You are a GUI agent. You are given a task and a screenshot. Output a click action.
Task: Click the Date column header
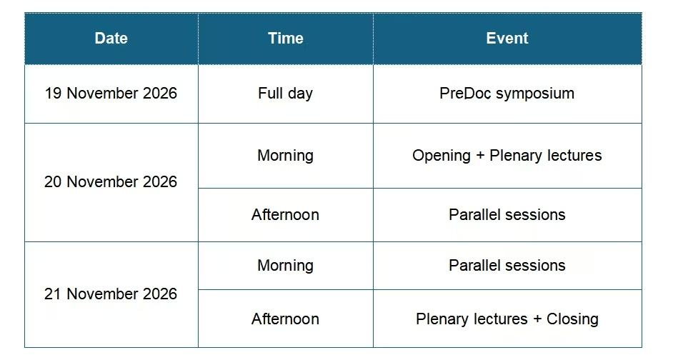111,38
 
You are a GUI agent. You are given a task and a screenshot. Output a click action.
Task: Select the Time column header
286,38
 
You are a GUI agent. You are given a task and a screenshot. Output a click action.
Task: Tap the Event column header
507,38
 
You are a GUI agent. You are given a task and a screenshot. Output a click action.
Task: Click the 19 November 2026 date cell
111,94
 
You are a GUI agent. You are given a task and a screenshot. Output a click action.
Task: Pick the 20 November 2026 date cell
111,181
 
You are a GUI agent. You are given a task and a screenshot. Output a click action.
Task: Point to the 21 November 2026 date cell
111,294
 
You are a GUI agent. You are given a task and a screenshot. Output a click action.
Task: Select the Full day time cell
286,94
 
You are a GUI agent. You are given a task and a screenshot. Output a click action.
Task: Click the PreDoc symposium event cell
507,94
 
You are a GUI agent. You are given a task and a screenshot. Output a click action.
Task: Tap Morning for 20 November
286,156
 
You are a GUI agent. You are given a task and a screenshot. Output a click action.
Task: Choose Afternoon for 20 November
286,215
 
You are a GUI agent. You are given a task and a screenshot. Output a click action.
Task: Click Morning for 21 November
286,266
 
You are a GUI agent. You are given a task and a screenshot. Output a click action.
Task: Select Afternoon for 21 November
286,319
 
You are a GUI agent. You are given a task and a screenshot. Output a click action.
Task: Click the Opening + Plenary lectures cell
507,156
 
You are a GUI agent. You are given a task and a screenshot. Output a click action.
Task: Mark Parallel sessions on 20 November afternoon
507,215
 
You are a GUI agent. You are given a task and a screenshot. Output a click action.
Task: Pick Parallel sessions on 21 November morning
507,266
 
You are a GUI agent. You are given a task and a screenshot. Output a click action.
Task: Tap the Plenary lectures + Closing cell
507,319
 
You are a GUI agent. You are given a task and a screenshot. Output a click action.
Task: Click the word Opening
442,156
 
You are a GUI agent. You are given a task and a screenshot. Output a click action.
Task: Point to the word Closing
572,319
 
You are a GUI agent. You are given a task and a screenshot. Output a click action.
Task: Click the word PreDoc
466,94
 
